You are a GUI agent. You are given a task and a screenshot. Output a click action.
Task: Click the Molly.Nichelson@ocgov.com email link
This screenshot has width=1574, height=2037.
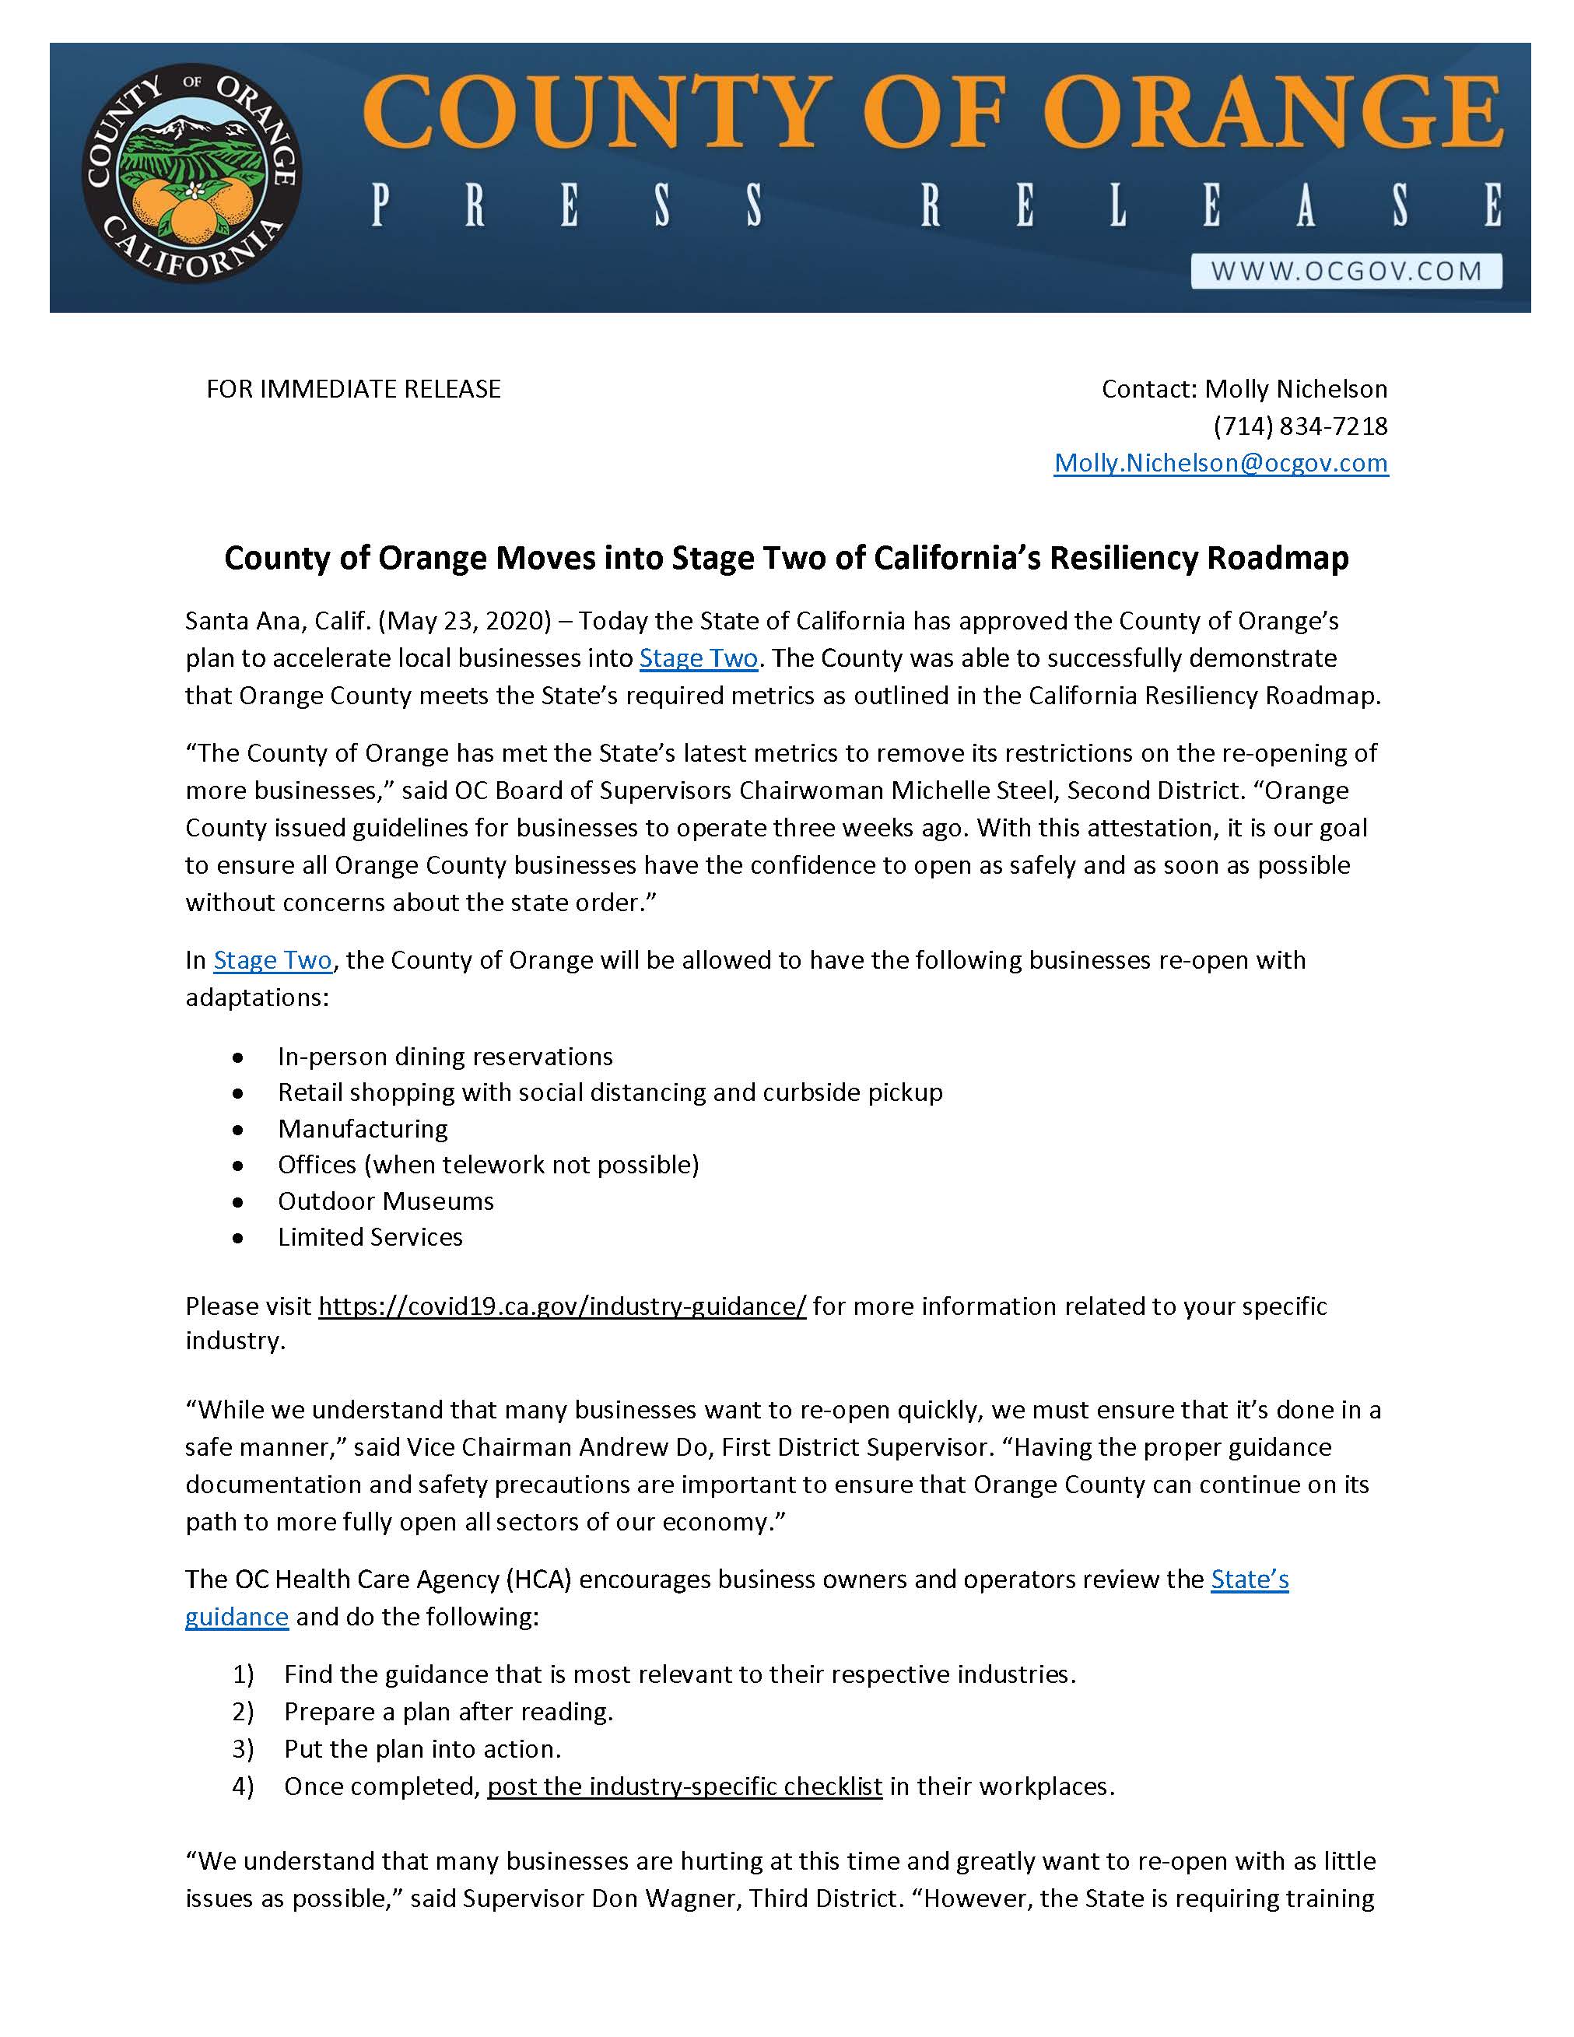(1221, 464)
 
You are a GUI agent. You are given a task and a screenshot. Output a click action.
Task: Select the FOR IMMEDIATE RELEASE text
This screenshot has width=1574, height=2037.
(353, 389)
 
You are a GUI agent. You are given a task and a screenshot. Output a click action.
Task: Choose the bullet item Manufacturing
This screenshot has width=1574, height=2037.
(363, 1128)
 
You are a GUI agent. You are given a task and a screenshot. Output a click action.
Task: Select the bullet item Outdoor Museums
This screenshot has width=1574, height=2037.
(386, 1201)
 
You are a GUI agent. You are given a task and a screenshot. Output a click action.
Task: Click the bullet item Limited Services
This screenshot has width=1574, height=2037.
(370, 1237)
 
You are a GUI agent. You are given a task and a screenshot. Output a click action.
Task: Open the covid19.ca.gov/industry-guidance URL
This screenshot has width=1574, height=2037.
(563, 1306)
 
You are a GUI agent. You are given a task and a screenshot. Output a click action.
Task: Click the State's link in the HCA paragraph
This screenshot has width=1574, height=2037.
(1250, 1580)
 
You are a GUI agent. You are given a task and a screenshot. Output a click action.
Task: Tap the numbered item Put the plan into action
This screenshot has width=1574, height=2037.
(422, 1749)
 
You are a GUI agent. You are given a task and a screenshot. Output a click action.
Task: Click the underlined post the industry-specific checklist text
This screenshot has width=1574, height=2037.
(685, 1786)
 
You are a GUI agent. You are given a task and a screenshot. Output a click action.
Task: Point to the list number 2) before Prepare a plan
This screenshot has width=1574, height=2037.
(244, 1712)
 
